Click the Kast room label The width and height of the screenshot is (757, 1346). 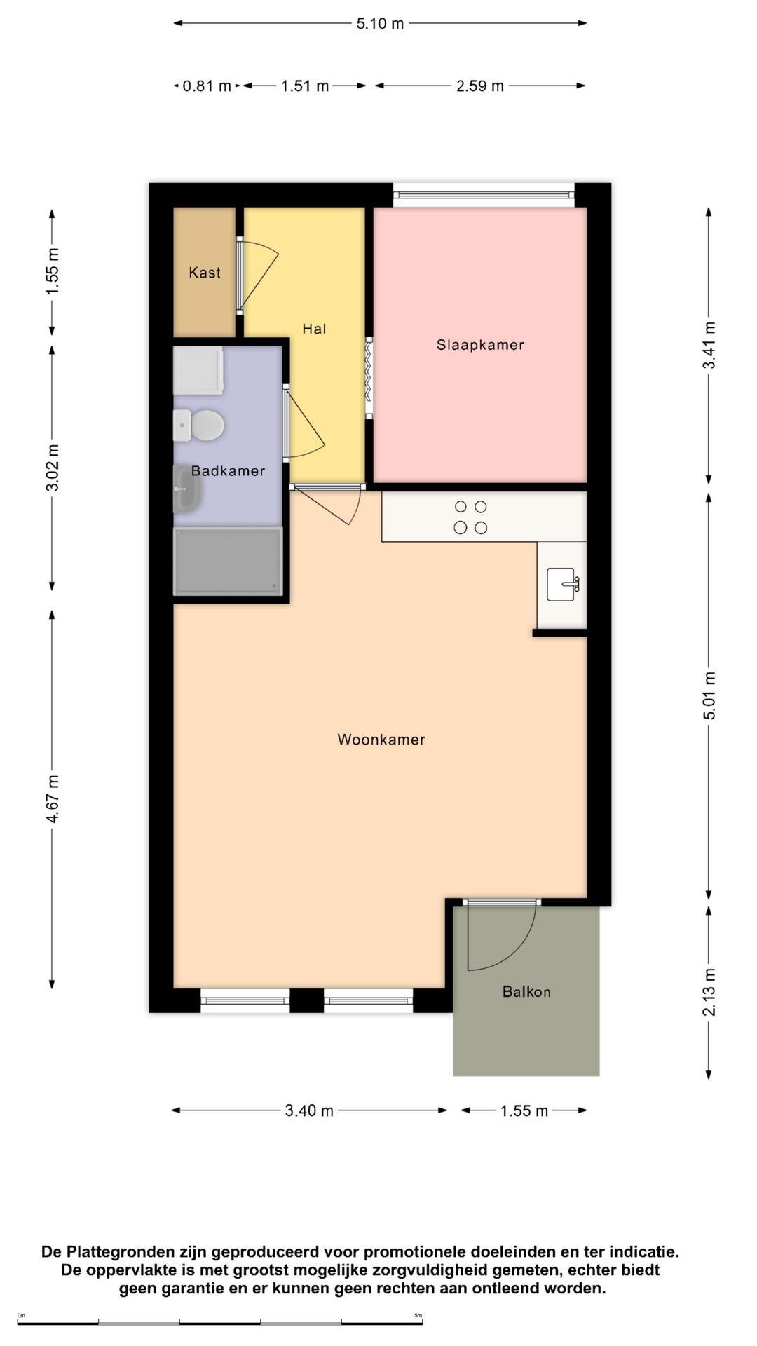point(205,273)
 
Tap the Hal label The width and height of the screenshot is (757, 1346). point(314,329)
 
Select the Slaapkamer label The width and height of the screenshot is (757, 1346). point(480,345)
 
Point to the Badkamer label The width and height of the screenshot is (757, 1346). point(229,471)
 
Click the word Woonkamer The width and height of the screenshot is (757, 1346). point(381,740)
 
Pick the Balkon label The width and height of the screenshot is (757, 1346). point(526,992)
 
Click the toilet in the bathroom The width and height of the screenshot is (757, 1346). point(199,426)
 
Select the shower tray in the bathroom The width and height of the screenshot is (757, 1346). point(229,561)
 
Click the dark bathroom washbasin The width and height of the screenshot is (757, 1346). point(186,489)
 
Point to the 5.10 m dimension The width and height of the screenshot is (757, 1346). point(380,23)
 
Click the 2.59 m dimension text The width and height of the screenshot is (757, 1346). point(480,86)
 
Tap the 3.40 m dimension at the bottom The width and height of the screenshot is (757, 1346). point(309,1110)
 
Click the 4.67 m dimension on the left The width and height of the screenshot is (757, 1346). point(53,799)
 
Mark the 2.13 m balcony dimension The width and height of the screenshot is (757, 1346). point(709,992)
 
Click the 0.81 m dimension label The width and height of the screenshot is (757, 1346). point(207,86)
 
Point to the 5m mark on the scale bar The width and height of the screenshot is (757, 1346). point(418,1316)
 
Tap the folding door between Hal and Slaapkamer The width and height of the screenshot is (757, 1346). point(369,379)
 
